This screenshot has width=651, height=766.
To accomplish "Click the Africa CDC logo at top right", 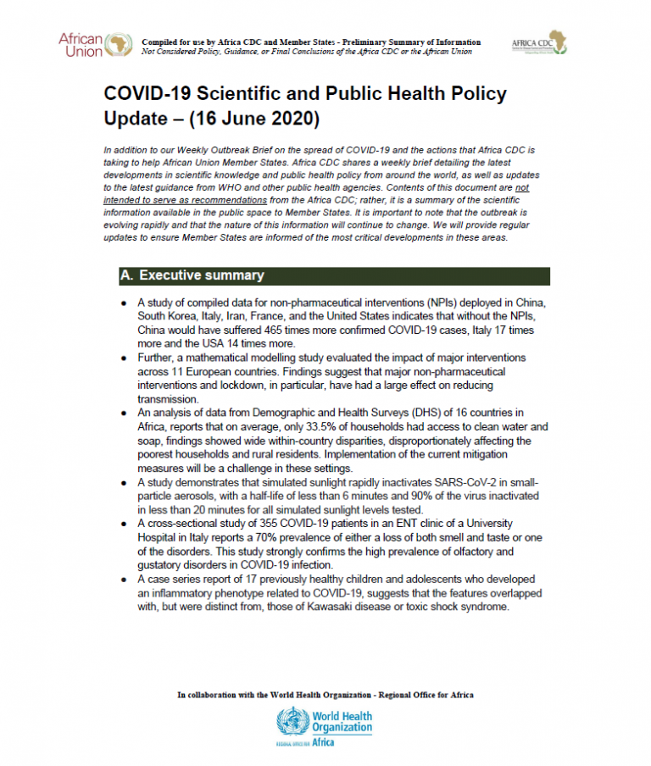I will [x=540, y=43].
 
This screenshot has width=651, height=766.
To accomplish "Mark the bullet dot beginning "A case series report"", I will [x=125, y=580].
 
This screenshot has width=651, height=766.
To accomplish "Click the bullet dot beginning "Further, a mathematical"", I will [x=125, y=358].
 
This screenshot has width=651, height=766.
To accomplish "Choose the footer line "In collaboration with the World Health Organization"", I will [x=325, y=695].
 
